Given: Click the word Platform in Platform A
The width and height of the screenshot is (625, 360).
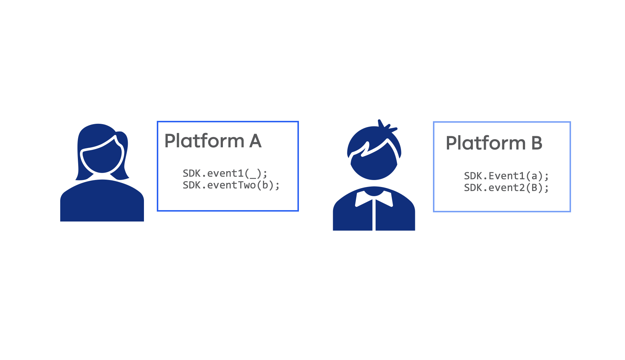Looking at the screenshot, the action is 204,141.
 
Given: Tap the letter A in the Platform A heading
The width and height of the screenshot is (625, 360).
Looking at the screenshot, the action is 255,141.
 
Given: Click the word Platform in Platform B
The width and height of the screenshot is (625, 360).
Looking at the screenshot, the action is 485,144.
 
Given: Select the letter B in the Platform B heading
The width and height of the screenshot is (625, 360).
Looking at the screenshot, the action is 537,143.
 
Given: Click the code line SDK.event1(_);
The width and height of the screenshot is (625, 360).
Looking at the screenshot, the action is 225,174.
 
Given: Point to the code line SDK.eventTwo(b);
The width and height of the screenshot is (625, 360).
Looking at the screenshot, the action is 231,185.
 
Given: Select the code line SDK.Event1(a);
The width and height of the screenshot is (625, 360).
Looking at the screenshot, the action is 506,176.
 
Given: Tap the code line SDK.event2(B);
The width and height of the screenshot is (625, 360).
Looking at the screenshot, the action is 506,188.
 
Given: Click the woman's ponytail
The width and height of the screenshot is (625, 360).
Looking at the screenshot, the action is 123,156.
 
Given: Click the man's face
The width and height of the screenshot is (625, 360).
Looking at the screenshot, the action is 374,165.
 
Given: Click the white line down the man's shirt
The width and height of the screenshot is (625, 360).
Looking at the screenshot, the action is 374,215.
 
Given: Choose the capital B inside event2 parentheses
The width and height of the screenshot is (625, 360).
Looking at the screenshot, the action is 534,188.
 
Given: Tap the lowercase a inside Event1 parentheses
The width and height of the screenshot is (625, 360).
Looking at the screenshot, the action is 534,176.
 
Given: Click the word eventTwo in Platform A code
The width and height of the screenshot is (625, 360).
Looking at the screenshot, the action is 231,185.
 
